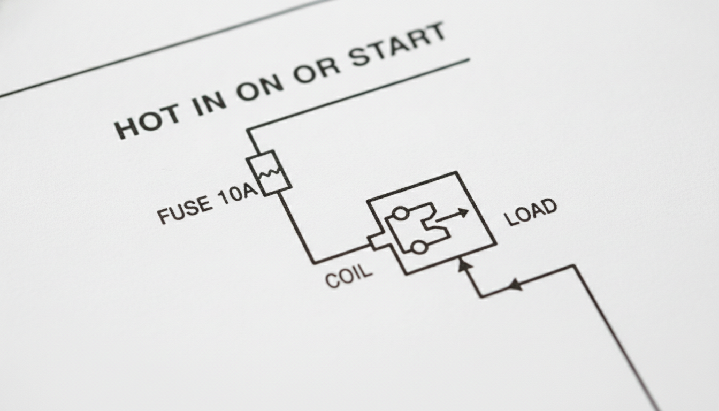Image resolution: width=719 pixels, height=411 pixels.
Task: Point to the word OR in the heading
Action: click(x=317, y=68)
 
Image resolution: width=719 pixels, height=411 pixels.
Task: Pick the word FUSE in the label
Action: click(x=184, y=210)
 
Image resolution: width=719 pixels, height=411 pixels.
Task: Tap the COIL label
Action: click(x=349, y=276)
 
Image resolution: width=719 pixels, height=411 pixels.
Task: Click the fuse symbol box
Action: click(x=269, y=173)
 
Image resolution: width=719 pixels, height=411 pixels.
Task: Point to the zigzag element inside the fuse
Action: click(x=270, y=172)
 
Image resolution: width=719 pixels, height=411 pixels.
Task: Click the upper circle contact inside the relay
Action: click(x=401, y=214)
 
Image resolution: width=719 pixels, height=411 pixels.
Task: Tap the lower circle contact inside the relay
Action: click(x=419, y=248)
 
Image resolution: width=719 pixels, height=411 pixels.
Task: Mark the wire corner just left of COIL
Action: click(x=314, y=263)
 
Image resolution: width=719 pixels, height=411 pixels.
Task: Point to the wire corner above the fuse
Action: click(x=248, y=130)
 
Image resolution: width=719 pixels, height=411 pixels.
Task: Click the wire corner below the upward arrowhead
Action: click(x=482, y=296)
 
